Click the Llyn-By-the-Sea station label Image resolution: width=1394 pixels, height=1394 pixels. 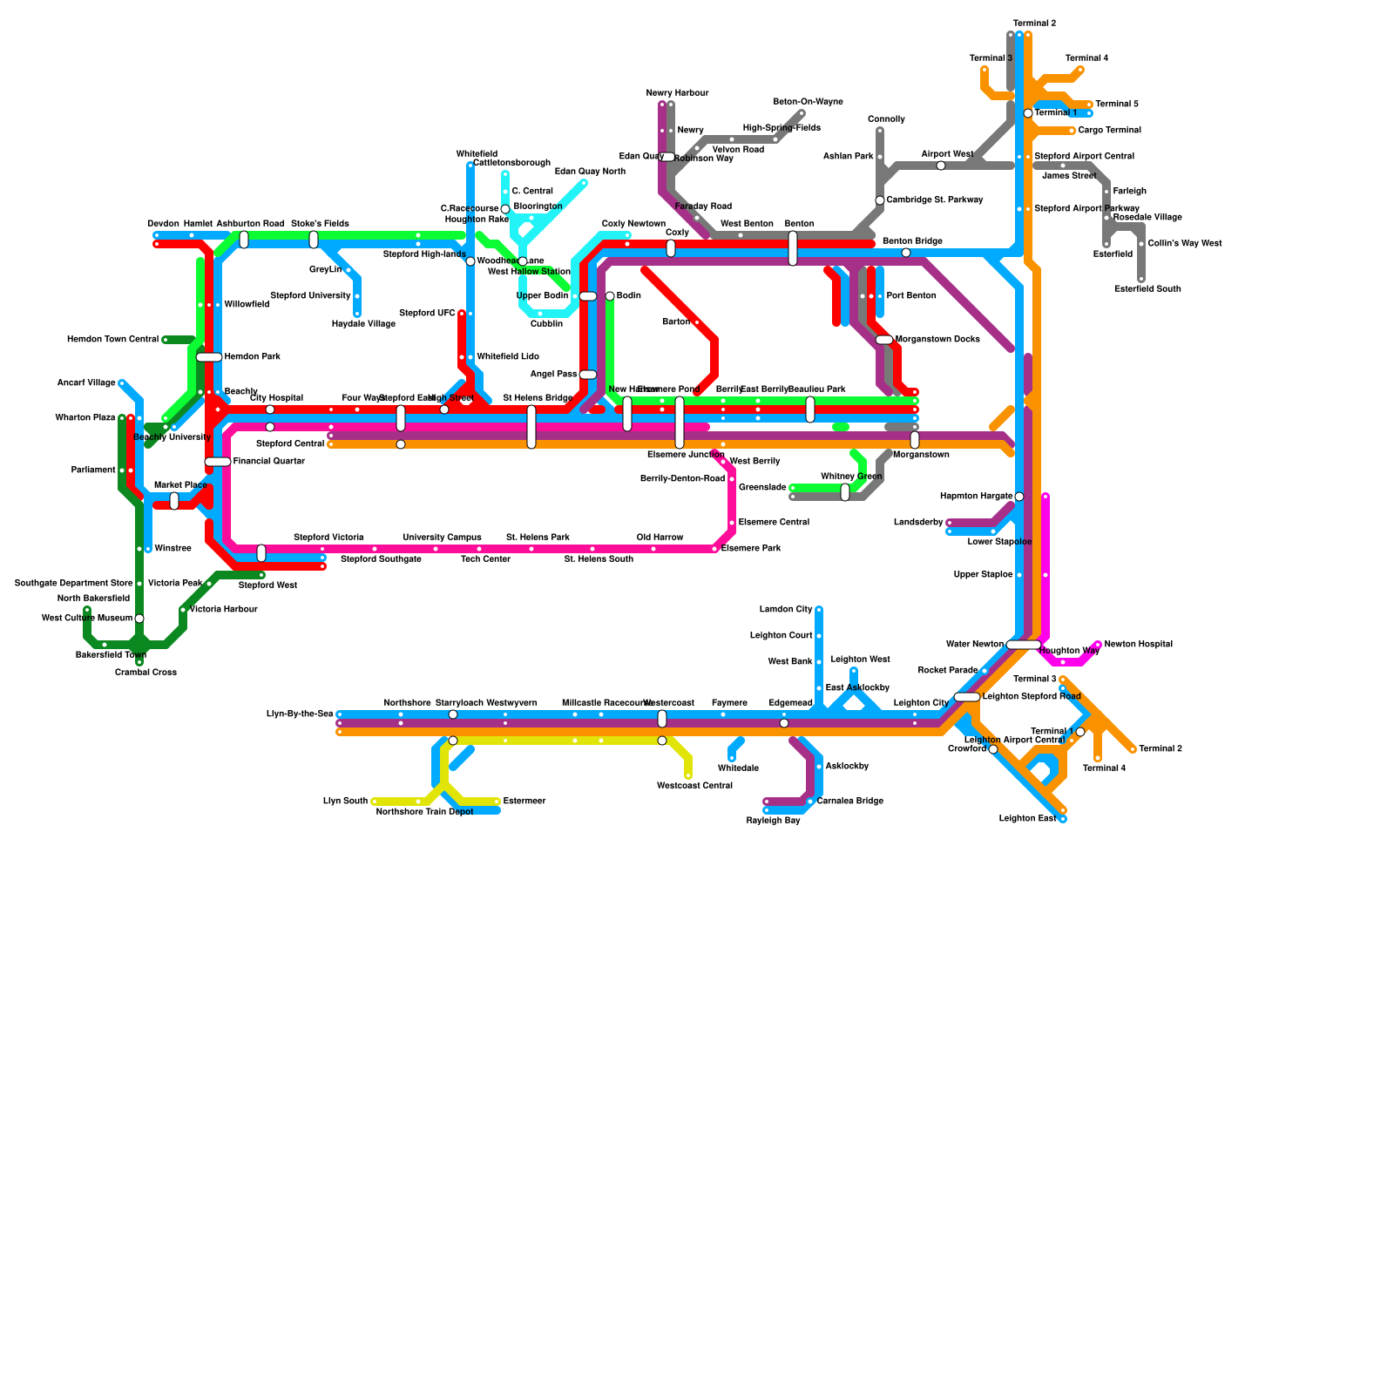click(x=300, y=714)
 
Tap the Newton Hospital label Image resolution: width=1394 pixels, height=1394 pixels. click(x=1138, y=645)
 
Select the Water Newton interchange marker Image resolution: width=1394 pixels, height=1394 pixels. click(x=1023, y=645)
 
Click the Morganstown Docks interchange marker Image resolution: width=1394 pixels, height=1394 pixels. click(x=884, y=340)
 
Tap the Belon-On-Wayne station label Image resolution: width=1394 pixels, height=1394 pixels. click(x=808, y=102)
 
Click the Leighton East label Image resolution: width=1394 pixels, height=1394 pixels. click(x=1027, y=819)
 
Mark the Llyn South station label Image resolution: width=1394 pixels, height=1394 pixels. click(x=345, y=802)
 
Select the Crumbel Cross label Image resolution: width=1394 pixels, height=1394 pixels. click(x=145, y=673)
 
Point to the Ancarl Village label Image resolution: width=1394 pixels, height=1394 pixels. click(x=86, y=383)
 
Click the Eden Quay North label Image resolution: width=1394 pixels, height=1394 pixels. click(x=590, y=172)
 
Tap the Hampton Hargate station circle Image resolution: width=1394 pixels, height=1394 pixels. click(x=1019, y=497)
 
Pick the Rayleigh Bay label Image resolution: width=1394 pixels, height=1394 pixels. click(x=773, y=821)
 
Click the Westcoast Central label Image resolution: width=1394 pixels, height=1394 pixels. click(x=694, y=786)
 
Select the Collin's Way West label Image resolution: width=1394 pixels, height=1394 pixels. click(x=1185, y=244)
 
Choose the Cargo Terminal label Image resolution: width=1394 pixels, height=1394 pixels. click(x=1109, y=131)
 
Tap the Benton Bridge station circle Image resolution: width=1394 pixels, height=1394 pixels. click(x=906, y=253)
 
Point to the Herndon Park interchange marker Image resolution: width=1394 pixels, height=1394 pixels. click(x=209, y=357)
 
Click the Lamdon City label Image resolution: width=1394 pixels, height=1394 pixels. click(x=786, y=610)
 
